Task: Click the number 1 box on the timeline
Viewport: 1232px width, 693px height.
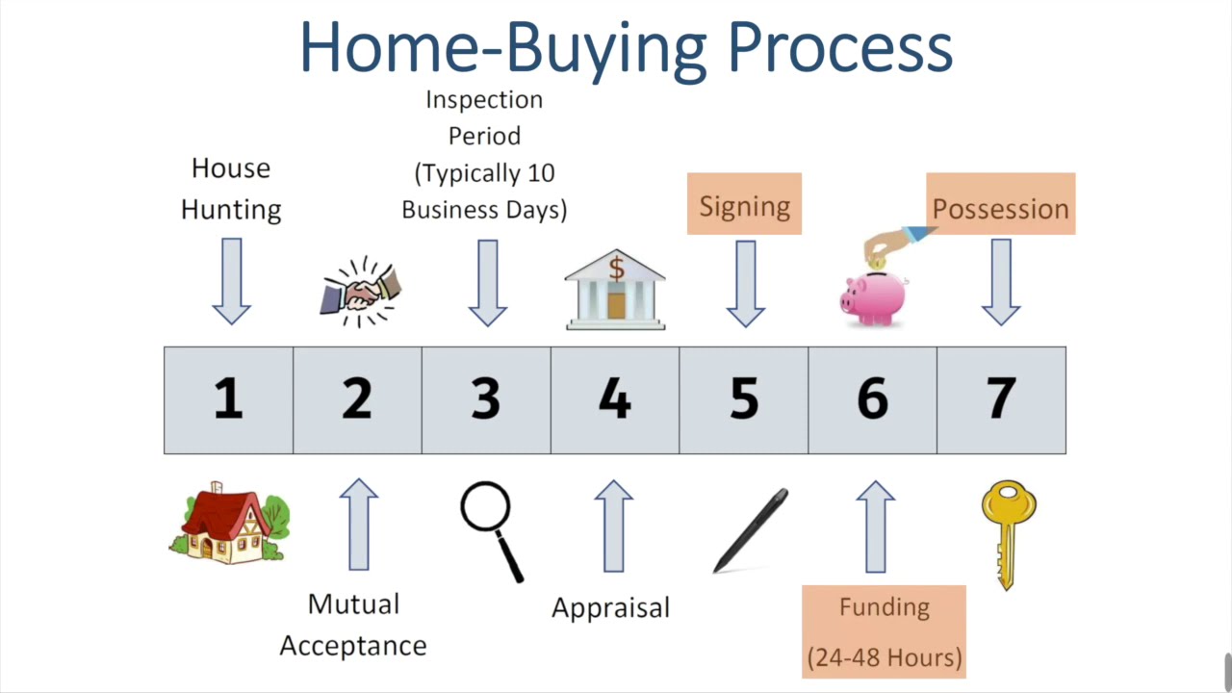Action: click(228, 399)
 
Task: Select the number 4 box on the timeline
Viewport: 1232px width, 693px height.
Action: click(615, 399)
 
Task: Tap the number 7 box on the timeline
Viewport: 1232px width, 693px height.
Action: click(1001, 399)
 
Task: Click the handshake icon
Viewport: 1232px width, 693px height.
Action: click(360, 290)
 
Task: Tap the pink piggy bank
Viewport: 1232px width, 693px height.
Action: click(873, 294)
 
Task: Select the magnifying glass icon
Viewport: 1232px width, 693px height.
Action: click(491, 529)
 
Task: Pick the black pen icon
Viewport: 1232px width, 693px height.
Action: click(752, 530)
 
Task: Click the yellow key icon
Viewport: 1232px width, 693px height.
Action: click(1008, 535)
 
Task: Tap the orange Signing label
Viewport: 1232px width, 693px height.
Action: click(744, 205)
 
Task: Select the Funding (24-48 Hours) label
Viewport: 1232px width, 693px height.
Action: click(884, 631)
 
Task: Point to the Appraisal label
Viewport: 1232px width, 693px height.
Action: click(610, 608)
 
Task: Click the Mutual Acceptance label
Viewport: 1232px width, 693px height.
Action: click(353, 625)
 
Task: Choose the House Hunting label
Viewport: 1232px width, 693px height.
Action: click(231, 189)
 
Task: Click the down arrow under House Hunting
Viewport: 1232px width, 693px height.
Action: click(231, 282)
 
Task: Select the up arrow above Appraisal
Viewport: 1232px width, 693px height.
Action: click(613, 526)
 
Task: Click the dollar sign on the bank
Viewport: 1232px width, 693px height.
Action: click(616, 270)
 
